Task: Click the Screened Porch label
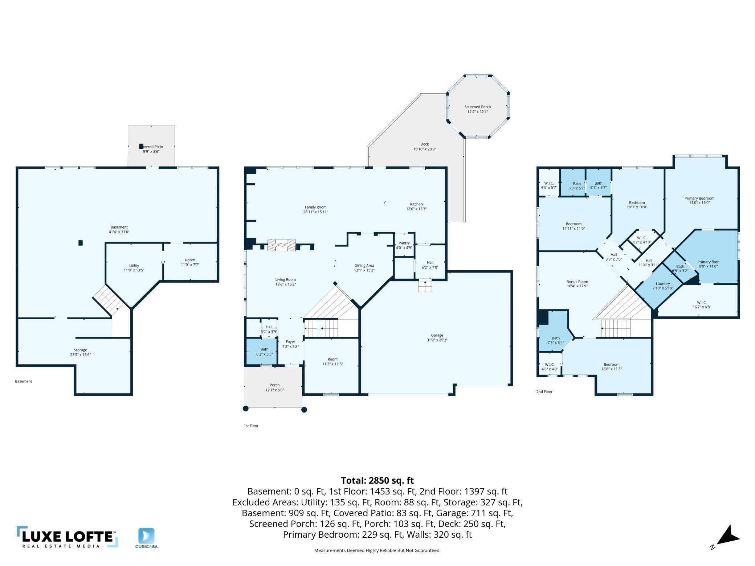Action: coord(477,107)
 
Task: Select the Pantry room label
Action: coord(404,243)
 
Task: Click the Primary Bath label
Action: coord(708,262)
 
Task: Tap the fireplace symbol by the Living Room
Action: coord(282,245)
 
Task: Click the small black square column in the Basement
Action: coord(81,243)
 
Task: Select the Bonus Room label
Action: coord(577,282)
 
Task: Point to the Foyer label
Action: coord(290,342)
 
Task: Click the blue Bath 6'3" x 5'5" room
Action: coord(262,351)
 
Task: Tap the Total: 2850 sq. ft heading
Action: coord(377,480)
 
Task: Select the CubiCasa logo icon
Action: coord(146,536)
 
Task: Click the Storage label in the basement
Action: coord(80,350)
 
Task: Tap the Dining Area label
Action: coord(364,265)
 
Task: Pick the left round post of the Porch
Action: coord(245,409)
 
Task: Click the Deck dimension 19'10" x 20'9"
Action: coord(424,149)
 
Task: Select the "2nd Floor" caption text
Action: coord(544,391)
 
